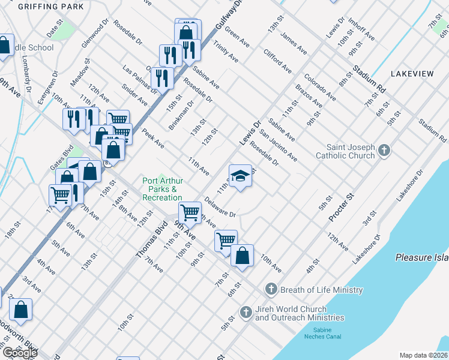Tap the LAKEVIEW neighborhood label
[x=412, y=73]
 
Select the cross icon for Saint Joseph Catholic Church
[x=385, y=150]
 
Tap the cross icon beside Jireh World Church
[x=246, y=312]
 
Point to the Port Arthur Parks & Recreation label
[x=162, y=189]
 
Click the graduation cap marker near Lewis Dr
[x=240, y=176]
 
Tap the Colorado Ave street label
[x=319, y=86]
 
